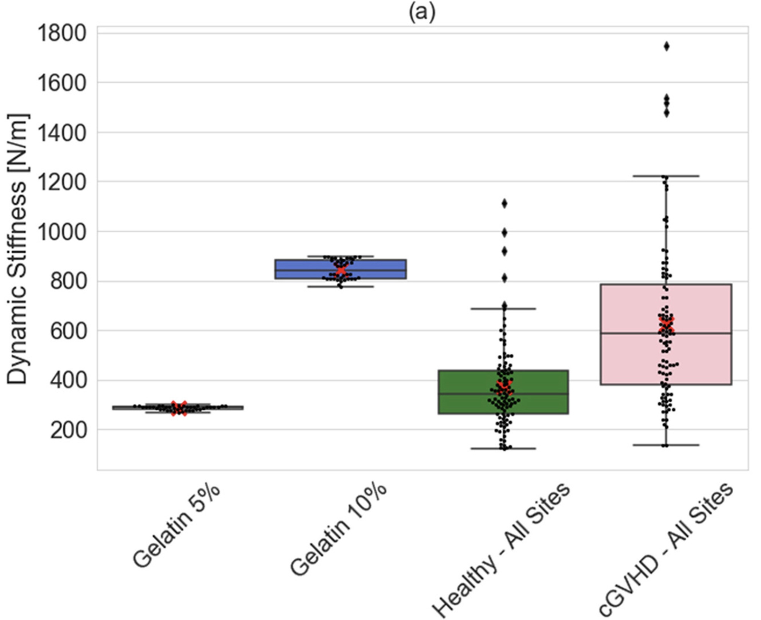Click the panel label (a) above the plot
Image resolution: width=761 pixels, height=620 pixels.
pos(422,13)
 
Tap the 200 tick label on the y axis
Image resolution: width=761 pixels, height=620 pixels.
pos(68,430)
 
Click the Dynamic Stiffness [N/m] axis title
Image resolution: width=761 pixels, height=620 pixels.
pos(17,249)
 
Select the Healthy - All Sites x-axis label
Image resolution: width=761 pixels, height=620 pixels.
pos(502,550)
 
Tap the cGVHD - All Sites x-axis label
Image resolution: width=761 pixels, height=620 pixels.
pos(666,550)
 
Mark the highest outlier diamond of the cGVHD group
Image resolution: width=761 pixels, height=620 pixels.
pos(666,47)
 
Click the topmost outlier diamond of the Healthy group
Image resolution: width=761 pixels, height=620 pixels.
pos(504,204)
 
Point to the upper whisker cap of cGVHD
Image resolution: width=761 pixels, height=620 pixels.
pos(666,176)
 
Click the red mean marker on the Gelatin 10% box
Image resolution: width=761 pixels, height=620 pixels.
pos(341,270)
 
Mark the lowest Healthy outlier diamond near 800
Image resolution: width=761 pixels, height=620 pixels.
pos(504,279)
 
